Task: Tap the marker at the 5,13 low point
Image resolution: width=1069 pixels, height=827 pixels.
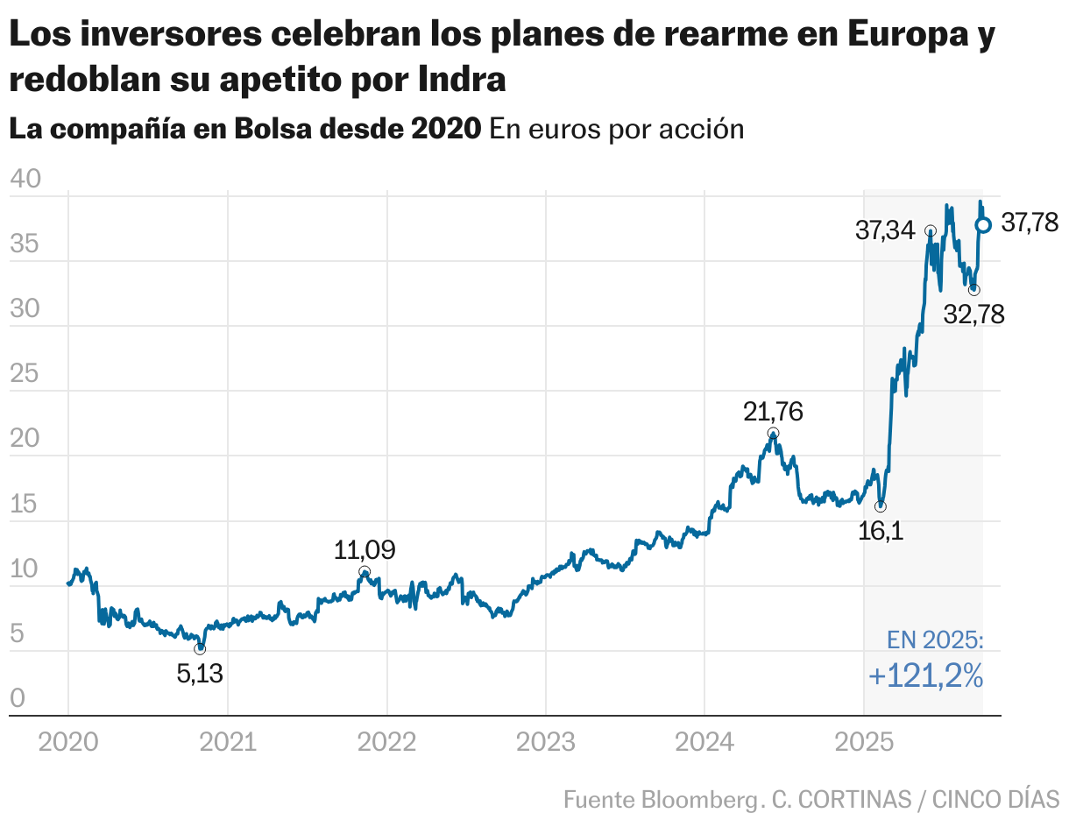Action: [x=200, y=648]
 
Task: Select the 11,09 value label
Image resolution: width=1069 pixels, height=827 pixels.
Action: [x=365, y=550]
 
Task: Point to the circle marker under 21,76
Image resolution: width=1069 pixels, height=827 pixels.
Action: [x=773, y=433]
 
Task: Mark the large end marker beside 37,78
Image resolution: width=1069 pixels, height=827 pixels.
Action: [x=983, y=225]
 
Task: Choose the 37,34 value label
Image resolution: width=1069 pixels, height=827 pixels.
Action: [x=885, y=231]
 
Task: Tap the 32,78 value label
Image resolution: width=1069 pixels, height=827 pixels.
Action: [x=973, y=314]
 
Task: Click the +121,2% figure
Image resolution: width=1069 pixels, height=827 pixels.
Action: [x=926, y=676]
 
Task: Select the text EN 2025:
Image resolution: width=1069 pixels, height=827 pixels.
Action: [x=935, y=640]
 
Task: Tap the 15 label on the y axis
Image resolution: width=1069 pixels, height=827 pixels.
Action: [x=25, y=504]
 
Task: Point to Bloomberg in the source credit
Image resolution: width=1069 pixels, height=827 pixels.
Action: [x=698, y=799]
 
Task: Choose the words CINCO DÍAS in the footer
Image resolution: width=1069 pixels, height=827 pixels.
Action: [x=995, y=799]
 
